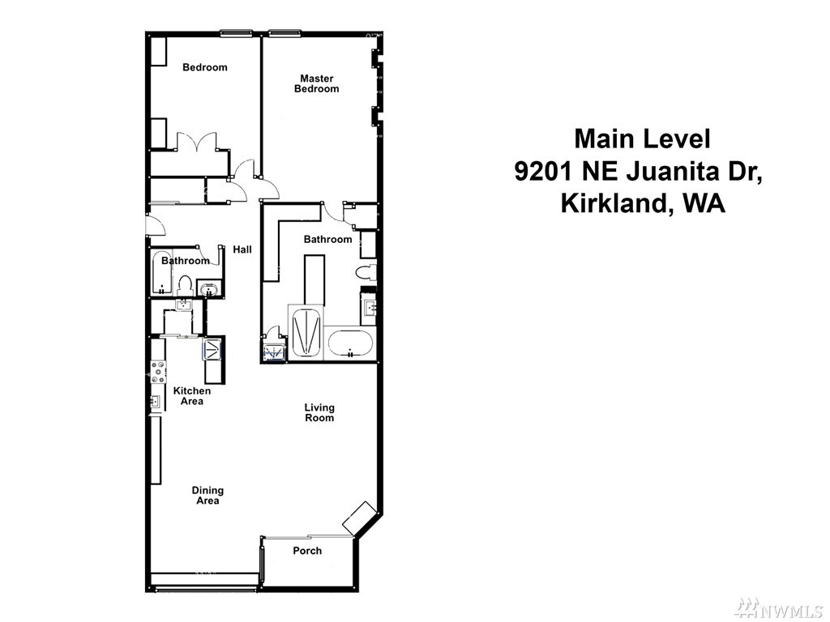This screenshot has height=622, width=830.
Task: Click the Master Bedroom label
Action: tap(317, 83)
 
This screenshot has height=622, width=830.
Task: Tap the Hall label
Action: tap(242, 249)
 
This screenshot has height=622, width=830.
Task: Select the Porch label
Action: tap(307, 551)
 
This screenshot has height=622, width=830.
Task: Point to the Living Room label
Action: tap(319, 412)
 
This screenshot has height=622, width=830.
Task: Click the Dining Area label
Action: tap(207, 496)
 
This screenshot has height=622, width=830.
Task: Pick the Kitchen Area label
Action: tap(191, 395)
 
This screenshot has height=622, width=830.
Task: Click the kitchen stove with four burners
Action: tap(158, 371)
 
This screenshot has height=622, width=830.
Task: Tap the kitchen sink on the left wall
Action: tap(156, 403)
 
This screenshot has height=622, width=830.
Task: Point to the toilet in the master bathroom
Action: tap(366, 273)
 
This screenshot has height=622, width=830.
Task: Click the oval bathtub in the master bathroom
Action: tap(350, 343)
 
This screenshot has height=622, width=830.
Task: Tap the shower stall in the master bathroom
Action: tap(306, 333)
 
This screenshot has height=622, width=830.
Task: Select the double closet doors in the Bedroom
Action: tap(196, 142)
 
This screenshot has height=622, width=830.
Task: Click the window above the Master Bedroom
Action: tap(285, 33)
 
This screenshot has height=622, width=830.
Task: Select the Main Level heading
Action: tap(642, 138)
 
